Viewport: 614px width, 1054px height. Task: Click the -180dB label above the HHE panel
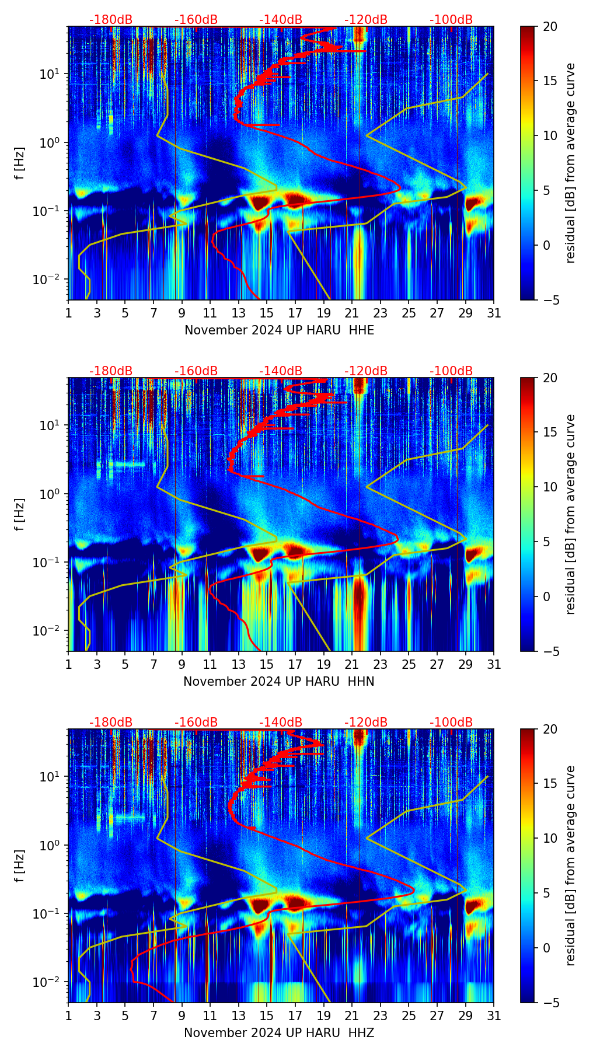[111, 20]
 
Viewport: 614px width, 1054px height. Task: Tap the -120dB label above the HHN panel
[366, 371]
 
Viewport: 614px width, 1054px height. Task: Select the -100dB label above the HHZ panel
[451, 723]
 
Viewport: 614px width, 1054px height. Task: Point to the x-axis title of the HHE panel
[279, 330]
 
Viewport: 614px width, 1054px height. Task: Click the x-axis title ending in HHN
[279, 682]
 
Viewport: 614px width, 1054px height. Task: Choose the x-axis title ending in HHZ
[279, 1033]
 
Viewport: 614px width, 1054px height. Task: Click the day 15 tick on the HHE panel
[267, 313]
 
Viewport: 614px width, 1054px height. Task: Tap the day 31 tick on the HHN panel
[494, 664]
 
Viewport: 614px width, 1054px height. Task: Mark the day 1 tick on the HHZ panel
[69, 1015]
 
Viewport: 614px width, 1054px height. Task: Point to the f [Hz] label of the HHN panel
[20, 514]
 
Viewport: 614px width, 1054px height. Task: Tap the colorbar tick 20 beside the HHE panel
[550, 26]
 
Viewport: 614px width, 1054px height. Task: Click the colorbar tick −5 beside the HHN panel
[550, 651]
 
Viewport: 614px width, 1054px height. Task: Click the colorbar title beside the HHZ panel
[570, 865]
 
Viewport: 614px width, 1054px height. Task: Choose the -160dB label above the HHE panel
[196, 20]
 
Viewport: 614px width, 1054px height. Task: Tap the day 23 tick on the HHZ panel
[381, 1015]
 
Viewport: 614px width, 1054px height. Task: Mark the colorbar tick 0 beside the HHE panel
[547, 245]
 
